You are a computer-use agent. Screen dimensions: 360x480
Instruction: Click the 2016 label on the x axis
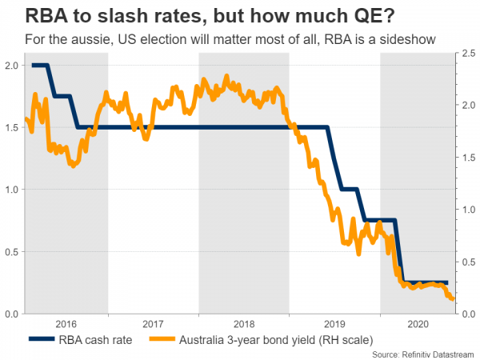(x=66, y=326)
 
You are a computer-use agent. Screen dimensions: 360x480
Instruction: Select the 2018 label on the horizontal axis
(x=243, y=326)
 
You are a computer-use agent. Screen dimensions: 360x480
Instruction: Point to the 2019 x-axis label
(x=334, y=326)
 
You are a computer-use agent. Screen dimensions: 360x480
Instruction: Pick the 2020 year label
(x=418, y=326)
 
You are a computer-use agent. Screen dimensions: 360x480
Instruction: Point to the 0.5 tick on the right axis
(x=467, y=262)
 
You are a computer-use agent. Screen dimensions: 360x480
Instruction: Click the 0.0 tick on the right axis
(x=467, y=314)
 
